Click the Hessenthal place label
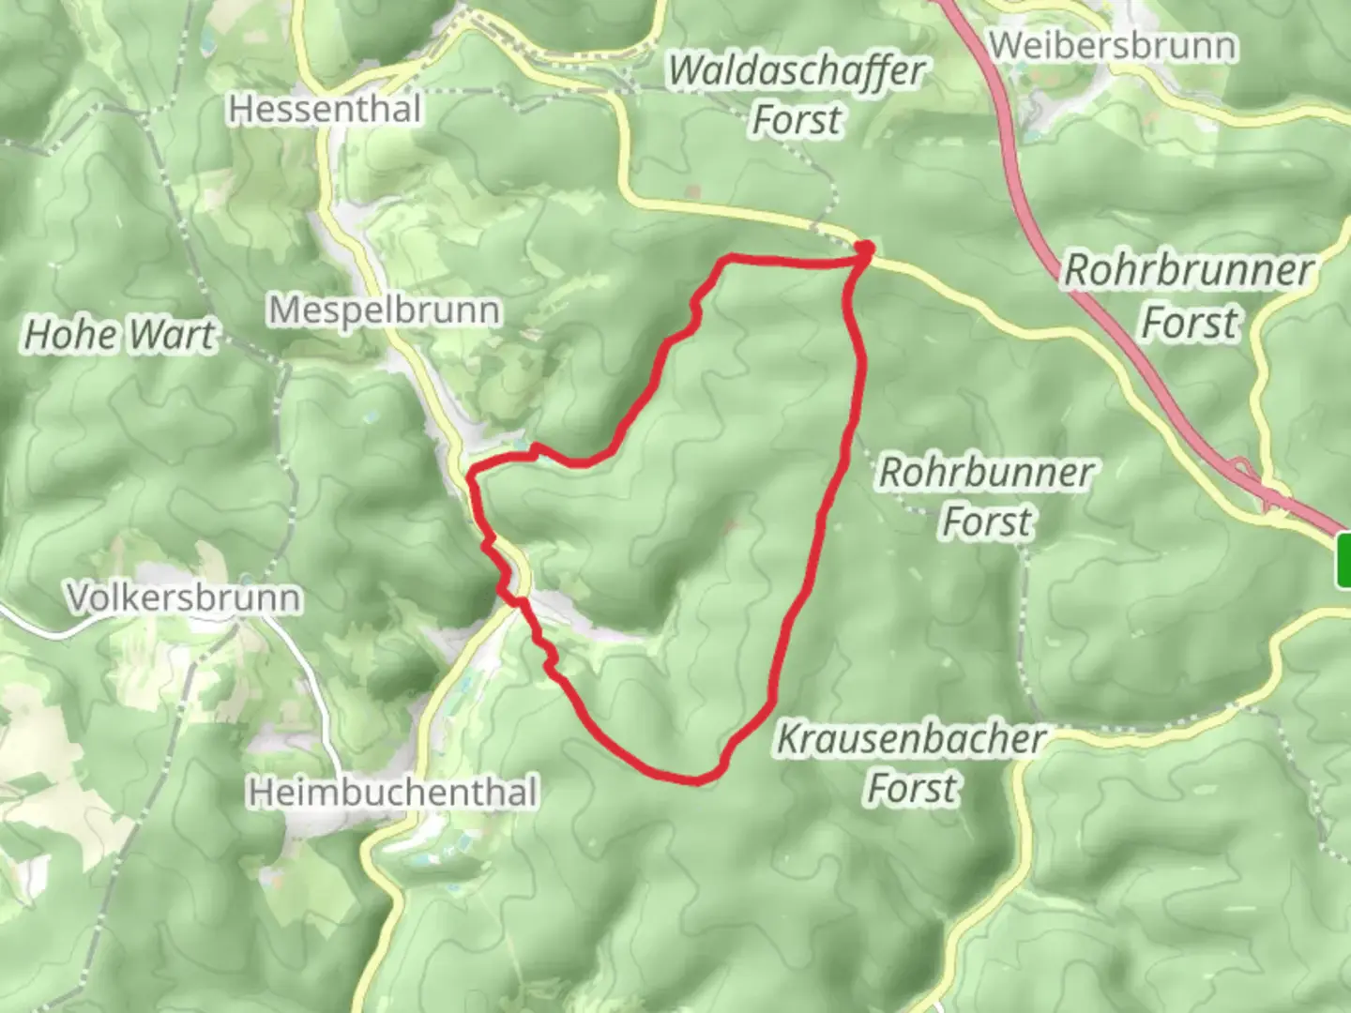click(x=325, y=110)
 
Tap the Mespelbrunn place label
click(x=384, y=310)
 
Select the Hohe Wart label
click(x=119, y=335)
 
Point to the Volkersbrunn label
click(x=184, y=597)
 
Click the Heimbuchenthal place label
click(x=393, y=793)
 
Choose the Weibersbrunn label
click(x=1113, y=45)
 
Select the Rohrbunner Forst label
click(x=986, y=497)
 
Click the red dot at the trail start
click(x=864, y=249)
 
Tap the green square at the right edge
click(x=1343, y=559)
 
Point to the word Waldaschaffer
click(x=797, y=71)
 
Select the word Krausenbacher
click(x=911, y=740)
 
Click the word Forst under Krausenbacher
click(x=913, y=789)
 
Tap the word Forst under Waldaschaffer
click(x=797, y=121)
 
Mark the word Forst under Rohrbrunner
click(x=1190, y=323)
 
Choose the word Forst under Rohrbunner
click(x=988, y=522)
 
